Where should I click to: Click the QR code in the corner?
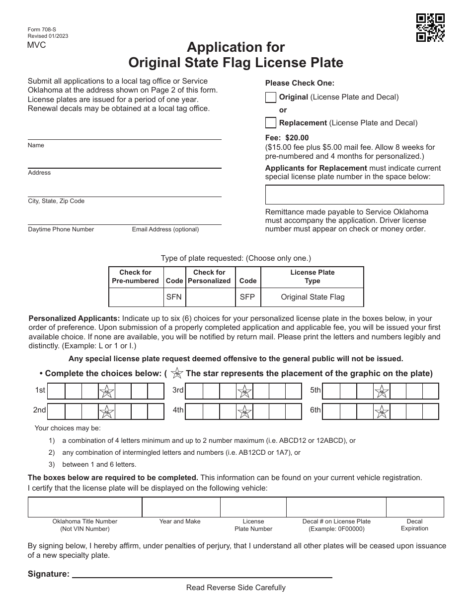[430, 27]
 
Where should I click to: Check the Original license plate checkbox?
[271, 98]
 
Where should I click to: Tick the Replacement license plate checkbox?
[271, 122]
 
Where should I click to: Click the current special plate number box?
[354, 195]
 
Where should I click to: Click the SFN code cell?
[174, 297]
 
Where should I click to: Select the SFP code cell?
[247, 297]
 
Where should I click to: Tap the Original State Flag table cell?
[313, 297]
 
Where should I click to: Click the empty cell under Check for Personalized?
[209, 297]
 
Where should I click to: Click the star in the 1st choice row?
[107, 391]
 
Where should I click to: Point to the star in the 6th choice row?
[382, 412]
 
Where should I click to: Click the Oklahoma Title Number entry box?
[85, 507]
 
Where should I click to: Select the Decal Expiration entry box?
[414, 507]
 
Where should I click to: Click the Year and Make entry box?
[181, 507]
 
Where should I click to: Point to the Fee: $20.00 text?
[287, 138]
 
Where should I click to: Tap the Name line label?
[36, 145]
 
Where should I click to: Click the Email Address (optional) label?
[165, 229]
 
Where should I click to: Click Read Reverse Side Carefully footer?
[236, 588]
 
